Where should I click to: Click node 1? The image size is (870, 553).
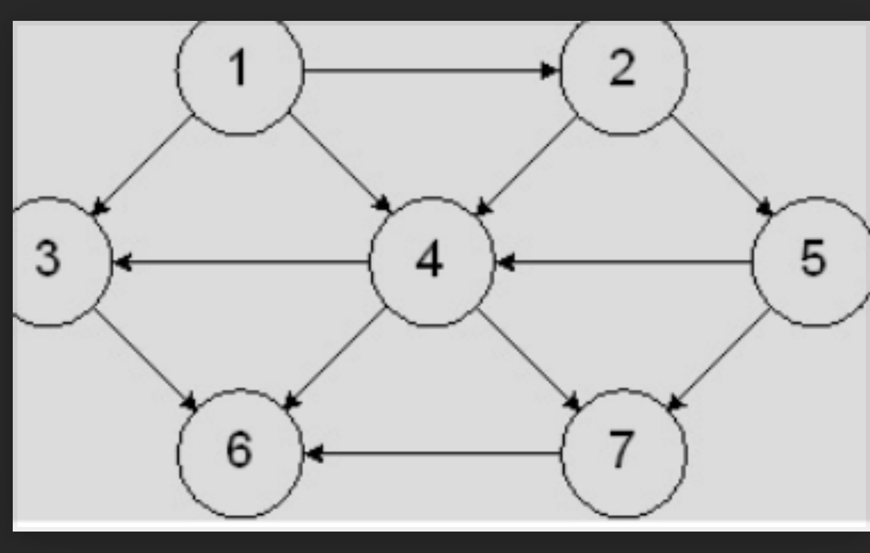[240, 70]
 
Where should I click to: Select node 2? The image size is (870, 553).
[623, 70]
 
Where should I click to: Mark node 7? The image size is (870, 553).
[623, 453]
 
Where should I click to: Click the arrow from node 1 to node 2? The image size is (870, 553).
[429, 71]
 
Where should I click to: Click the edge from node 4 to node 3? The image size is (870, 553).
[241, 263]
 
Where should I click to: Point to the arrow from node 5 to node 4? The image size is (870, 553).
[623, 263]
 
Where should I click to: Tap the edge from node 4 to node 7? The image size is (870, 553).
[528, 358]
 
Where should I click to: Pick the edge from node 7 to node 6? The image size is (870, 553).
[432, 453]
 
